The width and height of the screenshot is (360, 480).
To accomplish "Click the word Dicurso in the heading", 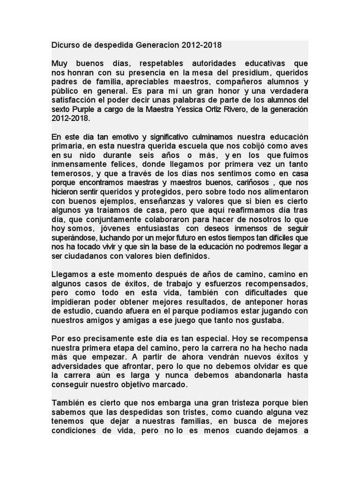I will tap(66, 45).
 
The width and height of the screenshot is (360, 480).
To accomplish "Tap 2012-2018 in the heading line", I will tap(202, 45).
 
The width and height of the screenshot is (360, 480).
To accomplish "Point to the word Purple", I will tap(78, 109).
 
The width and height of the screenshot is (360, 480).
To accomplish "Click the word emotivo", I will tap(118, 136).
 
